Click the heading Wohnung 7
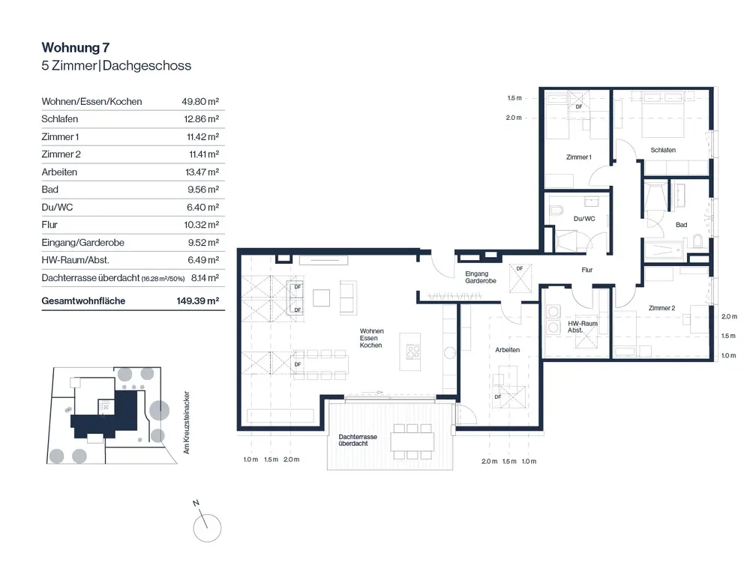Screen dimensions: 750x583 76,48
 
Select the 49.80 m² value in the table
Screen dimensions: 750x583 200,101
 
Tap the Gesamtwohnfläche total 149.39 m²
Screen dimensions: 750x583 197,301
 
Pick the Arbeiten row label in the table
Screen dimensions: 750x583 59,172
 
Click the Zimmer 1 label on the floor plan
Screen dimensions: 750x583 579,157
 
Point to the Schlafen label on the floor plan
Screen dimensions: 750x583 663,150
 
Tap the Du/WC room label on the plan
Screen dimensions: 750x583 584,219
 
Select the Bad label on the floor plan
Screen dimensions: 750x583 681,225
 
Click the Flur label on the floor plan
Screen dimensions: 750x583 587,270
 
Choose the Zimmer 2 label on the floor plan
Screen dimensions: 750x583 662,308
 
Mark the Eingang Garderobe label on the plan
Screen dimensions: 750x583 480,277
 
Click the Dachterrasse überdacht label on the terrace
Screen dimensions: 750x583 357,440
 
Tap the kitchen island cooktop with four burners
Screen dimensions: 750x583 413,353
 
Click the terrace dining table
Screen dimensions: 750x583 412,441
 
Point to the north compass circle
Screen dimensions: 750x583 207,528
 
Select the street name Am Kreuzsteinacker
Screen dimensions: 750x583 187,423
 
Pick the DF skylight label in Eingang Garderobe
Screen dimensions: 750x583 520,268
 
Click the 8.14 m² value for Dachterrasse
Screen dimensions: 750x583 205,278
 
